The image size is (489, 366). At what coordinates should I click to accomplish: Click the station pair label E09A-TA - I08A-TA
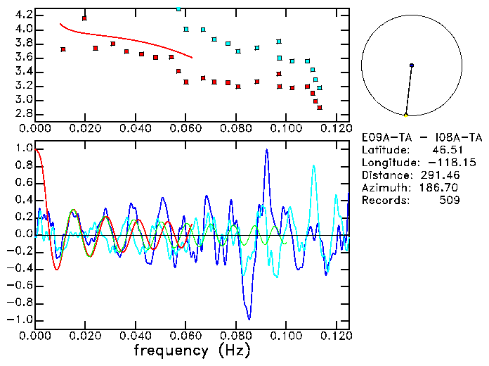coord(411,137)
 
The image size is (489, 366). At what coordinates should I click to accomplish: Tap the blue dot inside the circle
coord(412,65)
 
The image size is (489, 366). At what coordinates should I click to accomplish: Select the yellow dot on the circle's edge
coord(406,115)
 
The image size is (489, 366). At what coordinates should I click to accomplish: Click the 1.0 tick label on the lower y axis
coord(23,149)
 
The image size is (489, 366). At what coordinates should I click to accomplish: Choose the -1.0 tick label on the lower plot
coord(21,320)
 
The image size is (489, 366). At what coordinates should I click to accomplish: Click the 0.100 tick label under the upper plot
coord(287,129)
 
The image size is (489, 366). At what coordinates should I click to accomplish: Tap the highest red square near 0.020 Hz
coord(84,18)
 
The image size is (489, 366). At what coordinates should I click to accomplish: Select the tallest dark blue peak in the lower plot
coord(267,150)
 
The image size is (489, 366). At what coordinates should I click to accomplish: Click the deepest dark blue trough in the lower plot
coord(248,318)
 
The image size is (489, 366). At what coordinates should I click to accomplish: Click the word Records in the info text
coord(383,201)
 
